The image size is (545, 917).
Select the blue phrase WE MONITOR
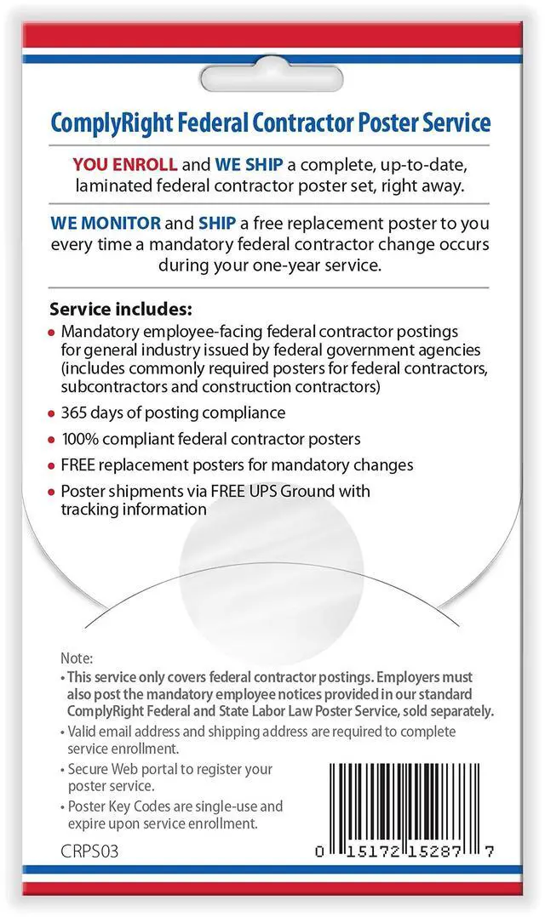105,224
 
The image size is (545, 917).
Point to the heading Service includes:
121,307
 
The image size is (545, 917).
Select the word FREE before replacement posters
79,465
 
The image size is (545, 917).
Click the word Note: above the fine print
77,658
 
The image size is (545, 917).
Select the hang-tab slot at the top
272,75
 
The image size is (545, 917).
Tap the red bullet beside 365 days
53,413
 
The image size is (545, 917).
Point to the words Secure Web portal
123,769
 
